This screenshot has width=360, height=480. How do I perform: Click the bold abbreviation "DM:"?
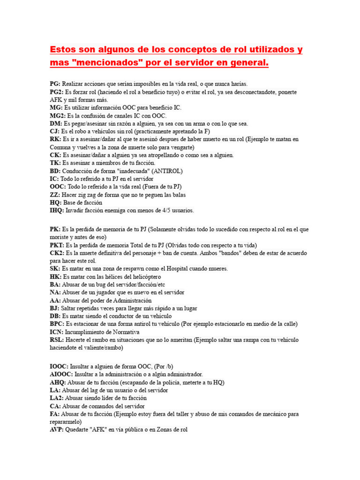click(56, 124)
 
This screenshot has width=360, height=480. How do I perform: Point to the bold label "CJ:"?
click(54, 132)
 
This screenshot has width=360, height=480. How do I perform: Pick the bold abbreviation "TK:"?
click(55, 163)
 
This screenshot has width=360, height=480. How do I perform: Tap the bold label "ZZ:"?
click(55, 195)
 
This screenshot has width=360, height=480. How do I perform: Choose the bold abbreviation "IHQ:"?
click(57, 210)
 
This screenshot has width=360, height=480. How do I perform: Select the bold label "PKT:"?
click(57, 245)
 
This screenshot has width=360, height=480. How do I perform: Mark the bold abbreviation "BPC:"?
click(57, 324)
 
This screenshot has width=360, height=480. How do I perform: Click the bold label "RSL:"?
click(57, 340)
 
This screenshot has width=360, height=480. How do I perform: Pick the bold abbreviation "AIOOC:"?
click(61, 375)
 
